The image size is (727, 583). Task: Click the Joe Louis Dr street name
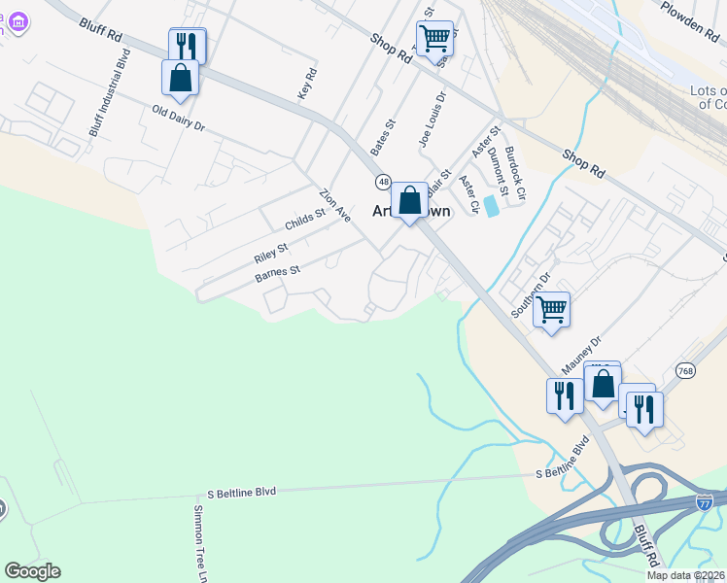click(x=432, y=119)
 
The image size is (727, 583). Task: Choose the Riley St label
click(x=271, y=254)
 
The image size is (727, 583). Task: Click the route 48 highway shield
click(x=385, y=183)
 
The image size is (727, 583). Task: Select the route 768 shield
click(x=686, y=370)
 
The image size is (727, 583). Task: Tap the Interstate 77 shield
click(x=704, y=501)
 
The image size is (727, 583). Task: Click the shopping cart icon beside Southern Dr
click(x=552, y=309)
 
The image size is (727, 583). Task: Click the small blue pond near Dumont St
click(x=492, y=206)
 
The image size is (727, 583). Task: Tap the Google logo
click(x=32, y=571)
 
